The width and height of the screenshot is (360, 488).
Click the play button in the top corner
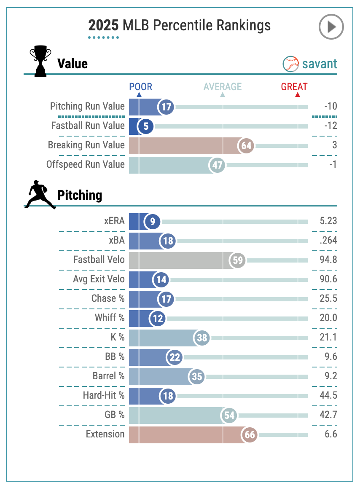331,27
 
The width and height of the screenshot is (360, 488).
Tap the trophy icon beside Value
40,62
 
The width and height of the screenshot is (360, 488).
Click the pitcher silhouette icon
40,195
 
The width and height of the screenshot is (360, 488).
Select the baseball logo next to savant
290,64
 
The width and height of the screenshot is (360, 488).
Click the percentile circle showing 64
246,146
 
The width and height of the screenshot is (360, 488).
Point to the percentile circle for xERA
152,221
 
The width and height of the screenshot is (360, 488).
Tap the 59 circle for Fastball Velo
238,260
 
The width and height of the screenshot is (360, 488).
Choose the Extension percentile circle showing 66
250,434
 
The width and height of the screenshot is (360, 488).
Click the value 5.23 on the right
328,221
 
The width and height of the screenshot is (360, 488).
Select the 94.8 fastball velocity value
328,260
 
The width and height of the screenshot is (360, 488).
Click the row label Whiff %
110,318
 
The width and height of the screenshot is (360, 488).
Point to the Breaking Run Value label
86,145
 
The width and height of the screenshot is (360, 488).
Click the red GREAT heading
294,87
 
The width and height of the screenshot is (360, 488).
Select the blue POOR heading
140,87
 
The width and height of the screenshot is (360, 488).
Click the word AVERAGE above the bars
223,87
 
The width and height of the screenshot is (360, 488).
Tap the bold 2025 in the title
103,26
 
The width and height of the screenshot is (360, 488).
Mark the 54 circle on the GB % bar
229,415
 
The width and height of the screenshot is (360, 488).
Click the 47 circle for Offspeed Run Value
218,165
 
